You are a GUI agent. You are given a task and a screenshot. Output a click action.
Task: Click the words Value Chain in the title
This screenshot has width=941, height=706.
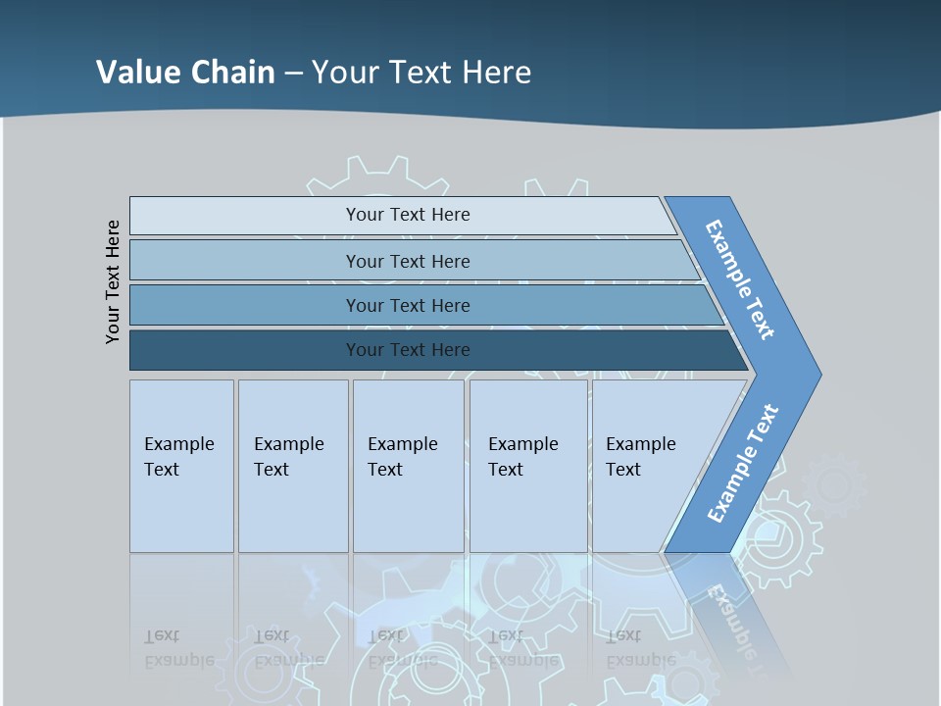pyautogui.click(x=185, y=73)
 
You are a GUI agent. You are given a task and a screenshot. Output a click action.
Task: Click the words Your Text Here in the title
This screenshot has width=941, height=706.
pyautogui.click(x=421, y=73)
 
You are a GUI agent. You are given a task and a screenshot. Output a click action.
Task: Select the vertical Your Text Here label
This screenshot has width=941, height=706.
pyautogui.click(x=113, y=281)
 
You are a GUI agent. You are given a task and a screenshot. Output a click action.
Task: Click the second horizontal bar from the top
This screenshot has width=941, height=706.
pyautogui.click(x=245, y=261)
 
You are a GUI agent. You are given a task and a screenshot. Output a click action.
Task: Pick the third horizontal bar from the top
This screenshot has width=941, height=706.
pyautogui.click(x=245, y=305)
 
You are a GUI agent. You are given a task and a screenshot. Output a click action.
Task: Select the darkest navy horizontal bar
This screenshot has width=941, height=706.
pyautogui.click(x=245, y=350)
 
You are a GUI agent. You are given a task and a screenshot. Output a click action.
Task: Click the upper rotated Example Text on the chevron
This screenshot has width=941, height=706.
pyautogui.click(x=740, y=279)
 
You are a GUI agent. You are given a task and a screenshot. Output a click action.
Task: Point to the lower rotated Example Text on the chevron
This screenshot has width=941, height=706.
pyautogui.click(x=743, y=464)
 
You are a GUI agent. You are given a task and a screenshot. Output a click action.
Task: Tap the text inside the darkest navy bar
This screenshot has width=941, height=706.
pyautogui.click(x=408, y=350)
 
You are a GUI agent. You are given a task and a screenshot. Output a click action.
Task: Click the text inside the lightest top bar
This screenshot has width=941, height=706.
pyautogui.click(x=408, y=215)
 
